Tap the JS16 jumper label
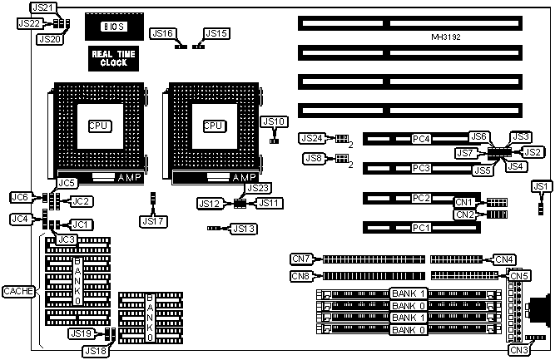click(162, 33)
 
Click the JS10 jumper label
click(274, 121)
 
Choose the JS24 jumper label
click(314, 138)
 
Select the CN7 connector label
click(301, 259)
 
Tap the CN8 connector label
click(301, 276)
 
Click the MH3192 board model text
click(447, 37)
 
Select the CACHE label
click(17, 290)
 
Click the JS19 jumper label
click(80, 333)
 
